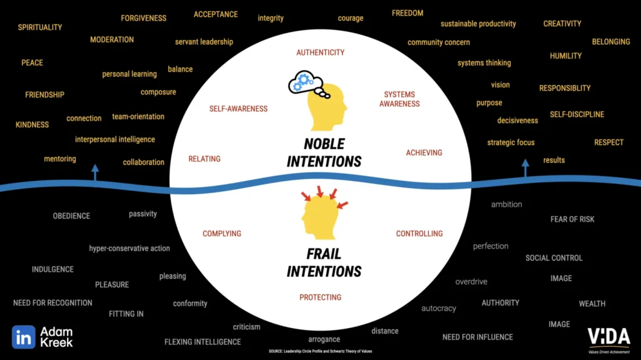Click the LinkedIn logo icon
(24, 337)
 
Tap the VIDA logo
(608, 338)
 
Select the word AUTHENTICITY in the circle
(320, 53)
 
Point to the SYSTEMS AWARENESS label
(399, 99)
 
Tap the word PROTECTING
(320, 297)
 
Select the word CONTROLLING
(419, 234)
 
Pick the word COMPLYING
(222, 234)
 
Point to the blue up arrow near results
(525, 168)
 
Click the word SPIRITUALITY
(40, 28)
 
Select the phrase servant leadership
(204, 42)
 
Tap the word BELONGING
(611, 42)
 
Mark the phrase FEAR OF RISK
(572, 219)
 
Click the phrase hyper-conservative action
(130, 249)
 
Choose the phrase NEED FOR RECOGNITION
(53, 303)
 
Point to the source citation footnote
(320, 351)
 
